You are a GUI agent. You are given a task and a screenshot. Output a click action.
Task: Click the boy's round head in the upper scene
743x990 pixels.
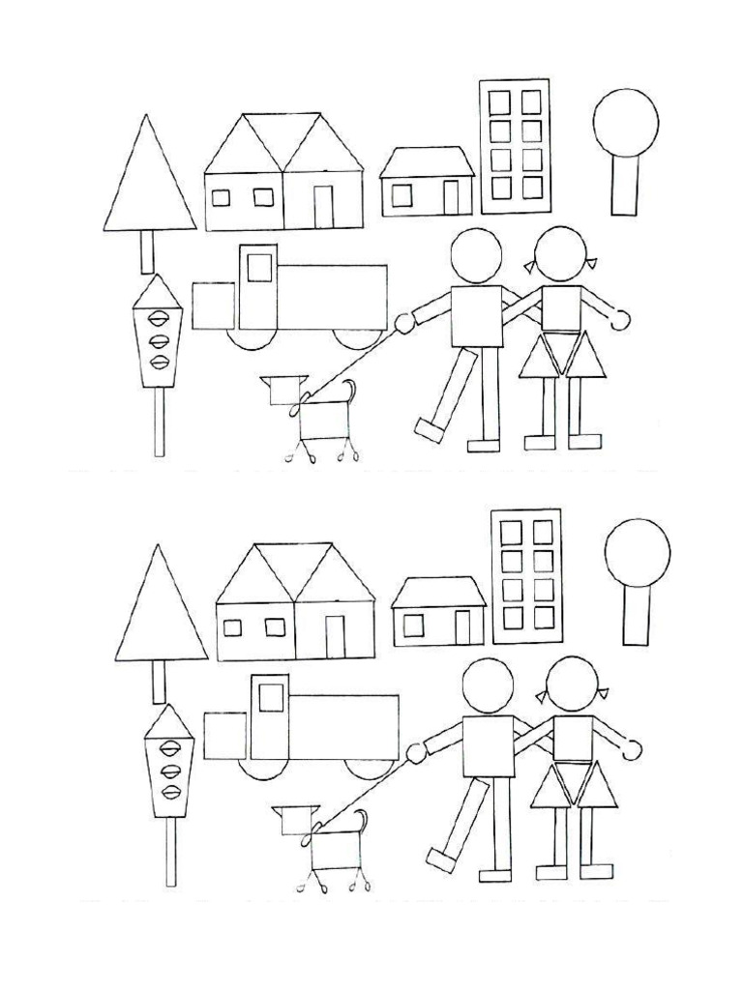(476, 254)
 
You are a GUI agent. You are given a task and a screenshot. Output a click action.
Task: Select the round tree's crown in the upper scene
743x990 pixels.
(626, 122)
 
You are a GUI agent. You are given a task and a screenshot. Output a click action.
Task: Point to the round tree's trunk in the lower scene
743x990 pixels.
(637, 615)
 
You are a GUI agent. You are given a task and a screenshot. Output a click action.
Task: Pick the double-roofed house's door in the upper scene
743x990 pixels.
(323, 205)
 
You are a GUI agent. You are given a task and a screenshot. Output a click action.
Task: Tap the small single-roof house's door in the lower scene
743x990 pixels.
(462, 627)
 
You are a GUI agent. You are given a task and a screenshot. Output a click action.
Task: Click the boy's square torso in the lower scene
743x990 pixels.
(489, 745)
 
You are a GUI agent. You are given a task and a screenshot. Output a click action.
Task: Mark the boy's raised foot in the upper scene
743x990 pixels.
(428, 428)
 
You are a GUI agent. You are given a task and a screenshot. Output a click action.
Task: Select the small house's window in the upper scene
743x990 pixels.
(401, 195)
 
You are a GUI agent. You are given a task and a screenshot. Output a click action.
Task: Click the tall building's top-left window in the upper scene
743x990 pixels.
(499, 102)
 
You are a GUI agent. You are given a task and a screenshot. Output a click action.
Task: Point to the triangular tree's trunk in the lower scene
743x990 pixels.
(159, 682)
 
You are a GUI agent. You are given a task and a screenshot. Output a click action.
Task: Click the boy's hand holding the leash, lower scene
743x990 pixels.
(415, 752)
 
